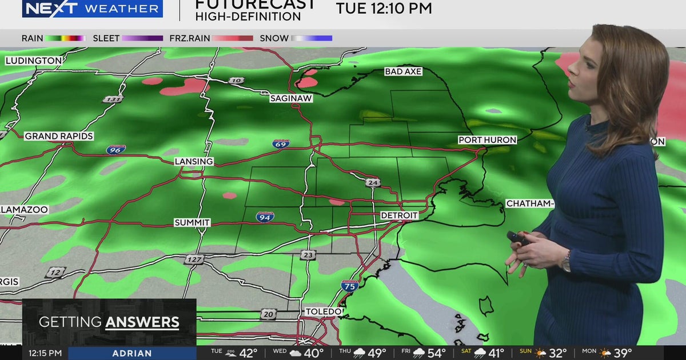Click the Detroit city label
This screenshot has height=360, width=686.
pos(400,215)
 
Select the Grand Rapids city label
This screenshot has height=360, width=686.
pos(59,136)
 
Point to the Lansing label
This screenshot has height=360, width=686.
pos(194,162)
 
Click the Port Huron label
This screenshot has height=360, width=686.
pos(487,140)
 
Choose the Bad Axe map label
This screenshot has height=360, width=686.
pos(403,71)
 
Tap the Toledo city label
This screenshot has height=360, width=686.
pos(324,311)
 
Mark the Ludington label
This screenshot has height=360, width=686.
pos(34,61)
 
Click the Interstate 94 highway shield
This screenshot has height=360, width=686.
pos(265,217)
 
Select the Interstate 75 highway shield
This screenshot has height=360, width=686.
pos(350,285)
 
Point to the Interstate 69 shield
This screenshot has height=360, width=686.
pos(281,143)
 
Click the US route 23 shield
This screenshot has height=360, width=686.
pos(308,255)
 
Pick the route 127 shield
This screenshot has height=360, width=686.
pos(194,259)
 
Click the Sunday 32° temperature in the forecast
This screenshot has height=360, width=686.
pos(557,353)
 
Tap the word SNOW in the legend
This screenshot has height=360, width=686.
pos(274,38)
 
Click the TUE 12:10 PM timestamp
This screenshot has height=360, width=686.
pos(384,9)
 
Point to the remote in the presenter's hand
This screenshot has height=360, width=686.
pos(517,238)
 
